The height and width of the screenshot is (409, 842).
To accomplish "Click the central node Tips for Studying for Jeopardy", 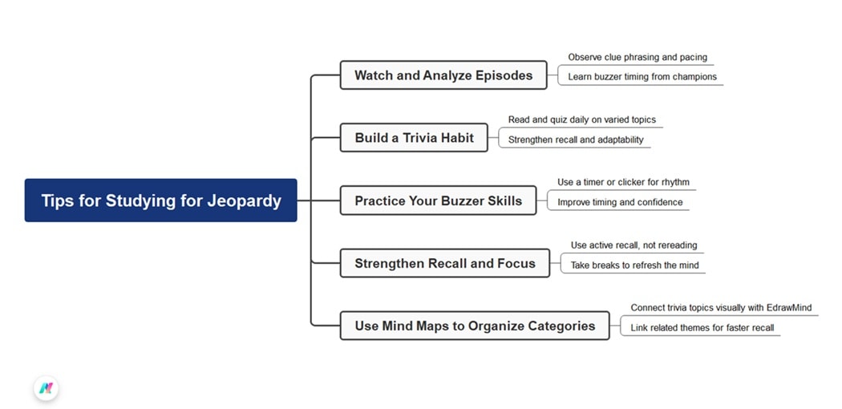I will (x=160, y=200).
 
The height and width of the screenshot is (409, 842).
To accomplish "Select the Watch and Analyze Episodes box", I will (x=443, y=75).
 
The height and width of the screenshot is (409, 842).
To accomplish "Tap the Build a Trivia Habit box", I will (x=414, y=138).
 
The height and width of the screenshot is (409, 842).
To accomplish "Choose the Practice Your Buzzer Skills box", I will (x=438, y=200).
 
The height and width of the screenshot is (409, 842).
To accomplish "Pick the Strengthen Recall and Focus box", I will (x=444, y=263).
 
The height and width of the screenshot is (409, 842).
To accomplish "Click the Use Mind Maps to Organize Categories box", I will (x=475, y=326).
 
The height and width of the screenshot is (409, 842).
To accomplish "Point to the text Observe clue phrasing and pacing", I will (x=638, y=58).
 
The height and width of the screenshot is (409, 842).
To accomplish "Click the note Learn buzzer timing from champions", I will (x=642, y=77).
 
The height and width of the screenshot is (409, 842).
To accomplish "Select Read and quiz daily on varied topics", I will (x=581, y=120).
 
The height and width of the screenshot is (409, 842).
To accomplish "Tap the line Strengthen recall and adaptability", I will (x=575, y=140).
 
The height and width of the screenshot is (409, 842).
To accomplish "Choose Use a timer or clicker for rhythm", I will (x=623, y=182).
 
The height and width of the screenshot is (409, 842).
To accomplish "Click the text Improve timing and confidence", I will (x=620, y=202).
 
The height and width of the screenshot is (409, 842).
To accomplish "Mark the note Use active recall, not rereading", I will (x=634, y=245).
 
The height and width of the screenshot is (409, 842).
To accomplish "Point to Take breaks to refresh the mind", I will (x=634, y=265).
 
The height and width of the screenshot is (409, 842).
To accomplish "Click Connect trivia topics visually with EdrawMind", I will (x=721, y=308).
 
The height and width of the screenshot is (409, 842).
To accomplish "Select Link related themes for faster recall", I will (x=702, y=328).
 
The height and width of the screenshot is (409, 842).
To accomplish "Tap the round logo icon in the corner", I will (x=47, y=388).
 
